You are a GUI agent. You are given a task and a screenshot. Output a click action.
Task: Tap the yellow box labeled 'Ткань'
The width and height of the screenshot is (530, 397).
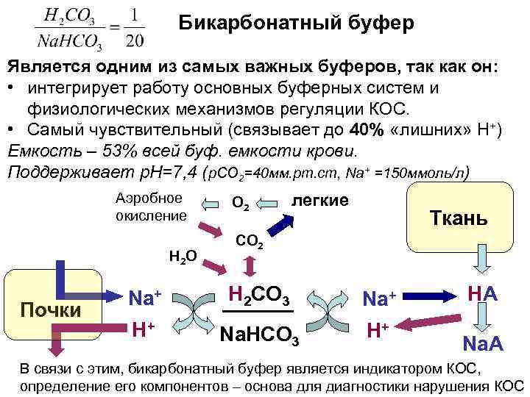pyautogui.click(x=459, y=218)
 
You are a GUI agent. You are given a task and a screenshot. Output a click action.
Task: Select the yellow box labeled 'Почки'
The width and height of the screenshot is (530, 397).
pyautogui.click(x=52, y=309)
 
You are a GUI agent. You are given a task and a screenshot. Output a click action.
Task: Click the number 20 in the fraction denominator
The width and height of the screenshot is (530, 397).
pyautogui.click(x=135, y=39)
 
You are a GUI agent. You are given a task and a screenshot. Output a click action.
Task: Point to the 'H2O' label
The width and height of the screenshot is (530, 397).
pyautogui.click(x=182, y=257)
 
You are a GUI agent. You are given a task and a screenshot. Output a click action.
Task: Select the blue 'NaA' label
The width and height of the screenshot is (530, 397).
pyautogui.click(x=482, y=343)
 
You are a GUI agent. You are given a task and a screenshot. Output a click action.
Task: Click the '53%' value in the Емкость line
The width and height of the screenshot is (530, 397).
pyautogui.click(x=95, y=151)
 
